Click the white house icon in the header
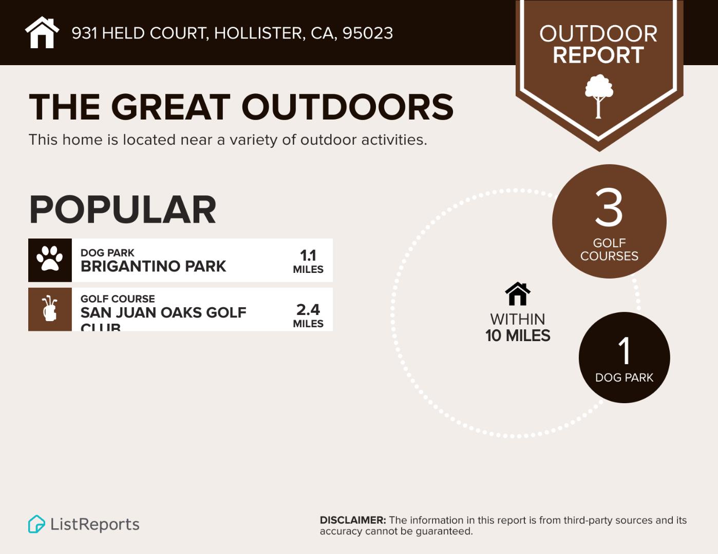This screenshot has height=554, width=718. point(42,33)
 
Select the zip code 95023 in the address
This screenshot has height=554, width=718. point(367,33)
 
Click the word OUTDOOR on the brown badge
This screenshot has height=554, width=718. point(598,34)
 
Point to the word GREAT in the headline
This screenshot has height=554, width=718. point(170,107)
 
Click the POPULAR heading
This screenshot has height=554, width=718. point(123,210)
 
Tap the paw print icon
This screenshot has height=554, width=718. point(50,260)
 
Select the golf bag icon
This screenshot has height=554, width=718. point(50,309)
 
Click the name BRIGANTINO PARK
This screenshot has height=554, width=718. point(153,266)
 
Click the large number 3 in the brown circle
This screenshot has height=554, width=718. point(609,208)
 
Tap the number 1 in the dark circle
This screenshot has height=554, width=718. point(625,351)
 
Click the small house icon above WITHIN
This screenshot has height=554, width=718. point(518,294)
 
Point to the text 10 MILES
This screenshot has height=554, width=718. point(518,336)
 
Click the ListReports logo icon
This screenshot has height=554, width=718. point(36,524)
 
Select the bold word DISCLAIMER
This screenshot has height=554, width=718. point(352,520)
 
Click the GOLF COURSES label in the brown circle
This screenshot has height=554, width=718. point(609,249)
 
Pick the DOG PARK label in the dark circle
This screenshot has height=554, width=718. point(625,378)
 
